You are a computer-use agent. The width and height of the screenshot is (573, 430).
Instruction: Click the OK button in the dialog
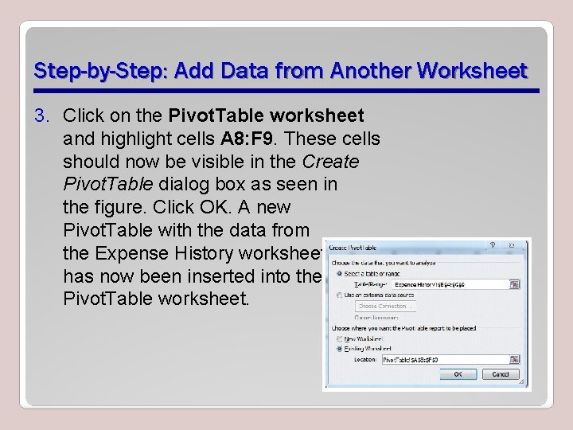coord(458,373)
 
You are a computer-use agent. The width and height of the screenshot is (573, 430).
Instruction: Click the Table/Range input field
coord(449,283)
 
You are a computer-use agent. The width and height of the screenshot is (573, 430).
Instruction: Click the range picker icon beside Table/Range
coord(515,283)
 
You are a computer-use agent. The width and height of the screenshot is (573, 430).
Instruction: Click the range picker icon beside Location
coord(515,359)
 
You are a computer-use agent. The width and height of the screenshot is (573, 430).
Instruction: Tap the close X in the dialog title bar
coord(521,247)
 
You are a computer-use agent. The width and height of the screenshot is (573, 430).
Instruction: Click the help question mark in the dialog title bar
coord(508,247)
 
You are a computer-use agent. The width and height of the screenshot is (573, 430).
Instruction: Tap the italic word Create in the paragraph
coord(330,162)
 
